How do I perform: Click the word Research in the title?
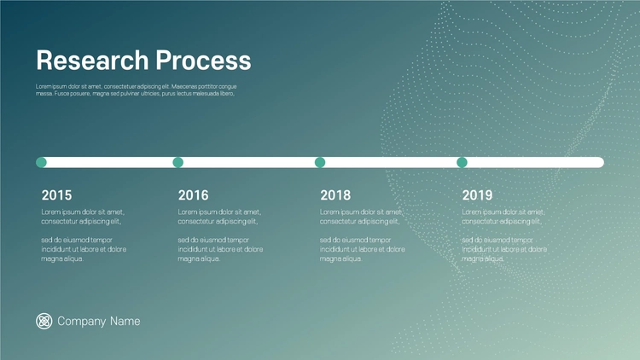pos(92,61)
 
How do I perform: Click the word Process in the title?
pos(203,61)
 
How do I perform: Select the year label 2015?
pos(56,195)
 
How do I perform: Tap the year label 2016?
pos(193,195)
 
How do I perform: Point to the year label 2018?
pos(335,195)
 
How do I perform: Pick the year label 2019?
pos(477,195)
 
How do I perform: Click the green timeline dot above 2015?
pos(41,162)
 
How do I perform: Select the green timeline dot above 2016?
pos(178,162)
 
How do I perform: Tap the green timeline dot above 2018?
pos(320,162)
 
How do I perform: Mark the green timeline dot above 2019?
pos(462,162)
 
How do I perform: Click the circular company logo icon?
pos(44,322)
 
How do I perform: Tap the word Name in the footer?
pos(125,322)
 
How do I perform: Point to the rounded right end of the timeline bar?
pos(603,162)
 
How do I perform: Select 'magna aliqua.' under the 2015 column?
pos(62,258)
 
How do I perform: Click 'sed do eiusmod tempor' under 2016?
pos(213,240)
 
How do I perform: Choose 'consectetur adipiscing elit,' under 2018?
pos(359,221)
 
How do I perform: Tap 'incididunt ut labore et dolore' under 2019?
pos(504,249)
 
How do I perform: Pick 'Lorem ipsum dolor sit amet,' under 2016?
pos(219,212)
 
